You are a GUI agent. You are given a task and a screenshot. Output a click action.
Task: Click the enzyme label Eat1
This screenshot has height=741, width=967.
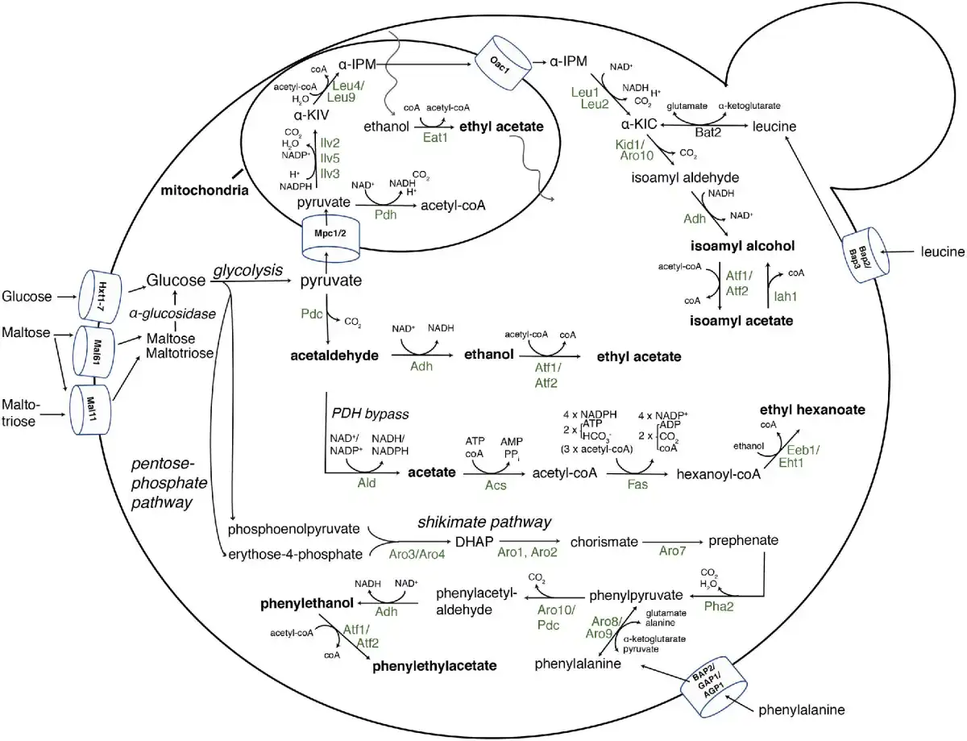pos(434,139)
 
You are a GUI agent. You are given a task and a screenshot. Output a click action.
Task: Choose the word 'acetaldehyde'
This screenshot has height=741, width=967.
pos(333,356)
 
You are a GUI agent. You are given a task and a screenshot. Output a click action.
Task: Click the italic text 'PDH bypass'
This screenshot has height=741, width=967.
pos(371,414)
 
